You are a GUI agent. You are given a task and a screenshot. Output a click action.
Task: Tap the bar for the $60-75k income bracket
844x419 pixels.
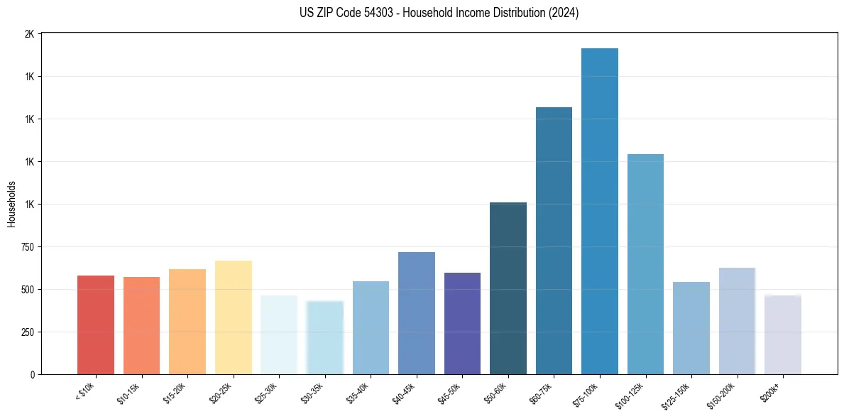pyautogui.click(x=554, y=241)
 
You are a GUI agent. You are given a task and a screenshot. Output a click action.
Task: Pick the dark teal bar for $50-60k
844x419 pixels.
pyautogui.click(x=508, y=288)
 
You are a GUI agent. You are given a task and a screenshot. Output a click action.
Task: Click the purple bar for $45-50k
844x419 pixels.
pyautogui.click(x=462, y=323)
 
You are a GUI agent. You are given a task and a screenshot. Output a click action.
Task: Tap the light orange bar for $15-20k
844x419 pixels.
pyautogui.click(x=187, y=322)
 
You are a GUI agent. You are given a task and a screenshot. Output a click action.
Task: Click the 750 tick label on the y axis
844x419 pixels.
pyautogui.click(x=26, y=247)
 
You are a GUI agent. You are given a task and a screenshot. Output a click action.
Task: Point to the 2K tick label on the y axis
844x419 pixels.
pyautogui.click(x=29, y=34)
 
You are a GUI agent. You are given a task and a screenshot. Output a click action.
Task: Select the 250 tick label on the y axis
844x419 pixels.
pyautogui.click(x=26, y=332)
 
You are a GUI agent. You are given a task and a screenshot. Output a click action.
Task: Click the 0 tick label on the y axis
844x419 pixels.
pyautogui.click(x=32, y=374)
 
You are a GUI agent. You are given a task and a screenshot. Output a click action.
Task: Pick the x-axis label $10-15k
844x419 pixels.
pyautogui.click(x=128, y=393)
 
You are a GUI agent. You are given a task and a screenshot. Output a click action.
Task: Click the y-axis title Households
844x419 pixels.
pyautogui.click(x=11, y=204)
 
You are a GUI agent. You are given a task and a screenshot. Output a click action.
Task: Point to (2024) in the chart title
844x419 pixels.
pyautogui.click(x=564, y=13)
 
